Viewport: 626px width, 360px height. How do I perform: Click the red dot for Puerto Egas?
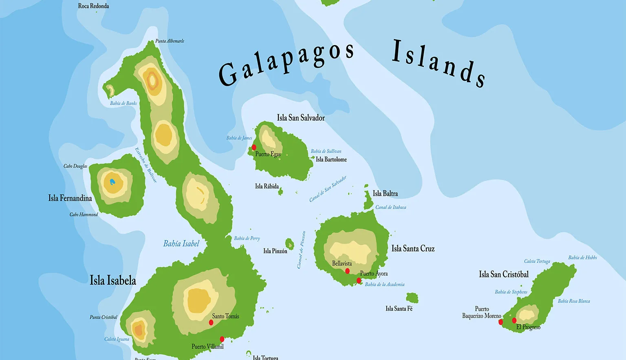point(254,147)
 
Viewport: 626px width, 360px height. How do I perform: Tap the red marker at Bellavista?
point(347,271)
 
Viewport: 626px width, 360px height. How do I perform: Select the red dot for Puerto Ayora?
point(359,281)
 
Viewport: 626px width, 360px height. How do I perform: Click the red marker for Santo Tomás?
point(211,322)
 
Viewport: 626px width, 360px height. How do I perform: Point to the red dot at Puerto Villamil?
point(222,339)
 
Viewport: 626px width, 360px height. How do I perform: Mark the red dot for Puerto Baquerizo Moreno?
point(501,322)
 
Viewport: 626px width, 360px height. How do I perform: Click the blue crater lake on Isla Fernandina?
point(112,182)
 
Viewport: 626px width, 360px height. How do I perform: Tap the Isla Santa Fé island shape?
point(412,298)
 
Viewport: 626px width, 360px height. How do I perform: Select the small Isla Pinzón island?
point(290,244)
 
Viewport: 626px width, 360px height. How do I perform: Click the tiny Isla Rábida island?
point(280,191)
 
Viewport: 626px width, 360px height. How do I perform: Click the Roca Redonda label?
point(93,6)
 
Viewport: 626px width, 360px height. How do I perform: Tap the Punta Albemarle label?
point(170,41)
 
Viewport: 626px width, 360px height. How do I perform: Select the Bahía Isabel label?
point(181,244)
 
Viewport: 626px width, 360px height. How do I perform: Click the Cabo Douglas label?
point(75,166)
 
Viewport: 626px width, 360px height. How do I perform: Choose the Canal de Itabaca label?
point(390,207)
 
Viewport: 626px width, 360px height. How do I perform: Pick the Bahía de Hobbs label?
point(582,258)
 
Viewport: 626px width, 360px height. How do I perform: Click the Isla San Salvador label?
point(301,118)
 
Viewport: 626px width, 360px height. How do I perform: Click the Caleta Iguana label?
point(117,339)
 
